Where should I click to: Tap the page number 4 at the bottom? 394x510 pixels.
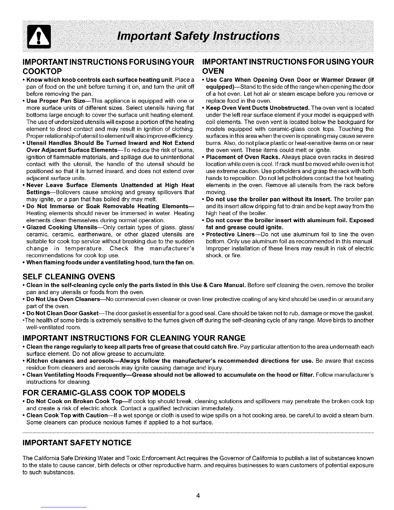coord(199,496)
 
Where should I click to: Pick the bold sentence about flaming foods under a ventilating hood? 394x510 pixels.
coord(110,263)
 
